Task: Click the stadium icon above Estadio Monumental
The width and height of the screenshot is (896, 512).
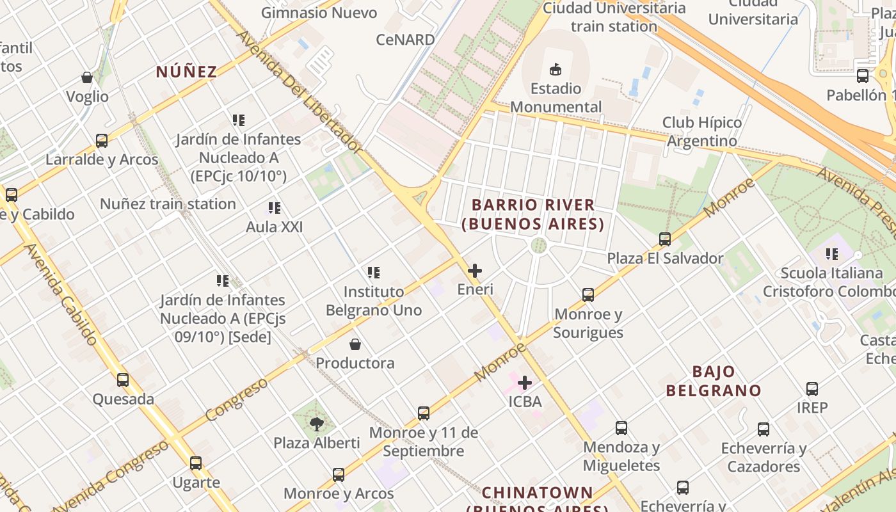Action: [x=555, y=69]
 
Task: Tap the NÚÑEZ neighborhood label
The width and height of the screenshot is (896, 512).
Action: [x=187, y=72]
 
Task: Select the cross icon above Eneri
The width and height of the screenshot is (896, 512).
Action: [x=475, y=271]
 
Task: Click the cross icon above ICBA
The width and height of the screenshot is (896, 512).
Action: [x=525, y=383]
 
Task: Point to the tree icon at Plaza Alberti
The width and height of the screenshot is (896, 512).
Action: [x=316, y=424]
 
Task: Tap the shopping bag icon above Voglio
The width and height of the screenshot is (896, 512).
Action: [x=87, y=78]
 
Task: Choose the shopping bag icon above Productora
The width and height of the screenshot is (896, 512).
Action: [x=355, y=345]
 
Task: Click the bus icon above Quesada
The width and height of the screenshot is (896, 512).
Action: [x=123, y=380]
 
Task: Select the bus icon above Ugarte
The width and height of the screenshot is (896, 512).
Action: [x=196, y=463]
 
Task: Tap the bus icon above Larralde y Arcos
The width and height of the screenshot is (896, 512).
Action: [x=101, y=141]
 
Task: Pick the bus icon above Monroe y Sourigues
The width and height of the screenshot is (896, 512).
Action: [x=588, y=295]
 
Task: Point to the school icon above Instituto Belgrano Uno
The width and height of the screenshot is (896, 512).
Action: [x=374, y=273]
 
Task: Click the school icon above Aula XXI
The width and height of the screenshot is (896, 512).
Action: [x=275, y=208]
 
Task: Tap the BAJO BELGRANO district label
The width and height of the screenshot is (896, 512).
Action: [x=714, y=381]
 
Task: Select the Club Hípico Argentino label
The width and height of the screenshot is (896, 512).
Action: [x=702, y=131]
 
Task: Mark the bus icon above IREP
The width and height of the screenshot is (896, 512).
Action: [x=812, y=388]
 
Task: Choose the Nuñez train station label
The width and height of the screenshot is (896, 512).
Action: [x=168, y=204]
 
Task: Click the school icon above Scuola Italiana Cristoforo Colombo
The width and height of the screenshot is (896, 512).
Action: [x=832, y=254]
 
